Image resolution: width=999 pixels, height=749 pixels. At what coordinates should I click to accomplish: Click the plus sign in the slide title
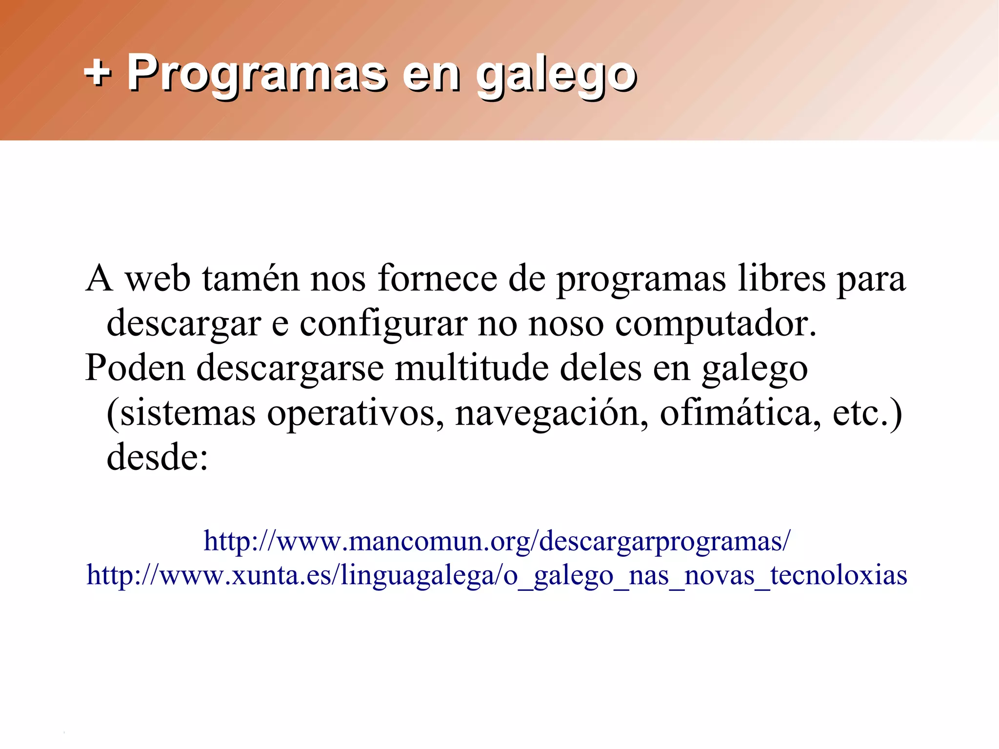[98, 74]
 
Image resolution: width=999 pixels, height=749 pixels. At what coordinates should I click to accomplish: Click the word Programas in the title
[257, 74]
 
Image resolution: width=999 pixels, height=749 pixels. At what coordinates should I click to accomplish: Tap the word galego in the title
[556, 76]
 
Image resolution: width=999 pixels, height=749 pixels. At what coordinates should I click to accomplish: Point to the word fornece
[437, 279]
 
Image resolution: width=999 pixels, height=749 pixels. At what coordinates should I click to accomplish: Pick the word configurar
[383, 324]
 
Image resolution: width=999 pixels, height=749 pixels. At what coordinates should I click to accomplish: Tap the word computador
[715, 324]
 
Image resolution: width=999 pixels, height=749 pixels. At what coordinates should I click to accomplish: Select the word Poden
[135, 368]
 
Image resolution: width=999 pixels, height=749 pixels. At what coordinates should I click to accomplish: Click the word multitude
[472, 368]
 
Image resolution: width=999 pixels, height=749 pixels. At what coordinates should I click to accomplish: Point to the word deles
[600, 368]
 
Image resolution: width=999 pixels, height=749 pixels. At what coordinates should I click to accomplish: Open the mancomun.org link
[497, 541]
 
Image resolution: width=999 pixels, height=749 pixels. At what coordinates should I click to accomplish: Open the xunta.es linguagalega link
[497, 575]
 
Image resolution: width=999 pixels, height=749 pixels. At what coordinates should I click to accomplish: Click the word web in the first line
[158, 279]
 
